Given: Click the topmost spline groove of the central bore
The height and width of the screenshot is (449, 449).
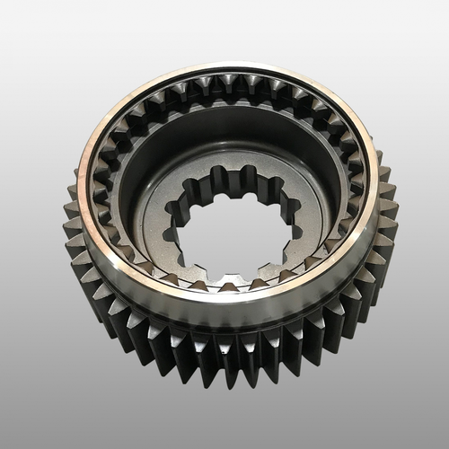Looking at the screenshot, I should pos(235,170).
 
